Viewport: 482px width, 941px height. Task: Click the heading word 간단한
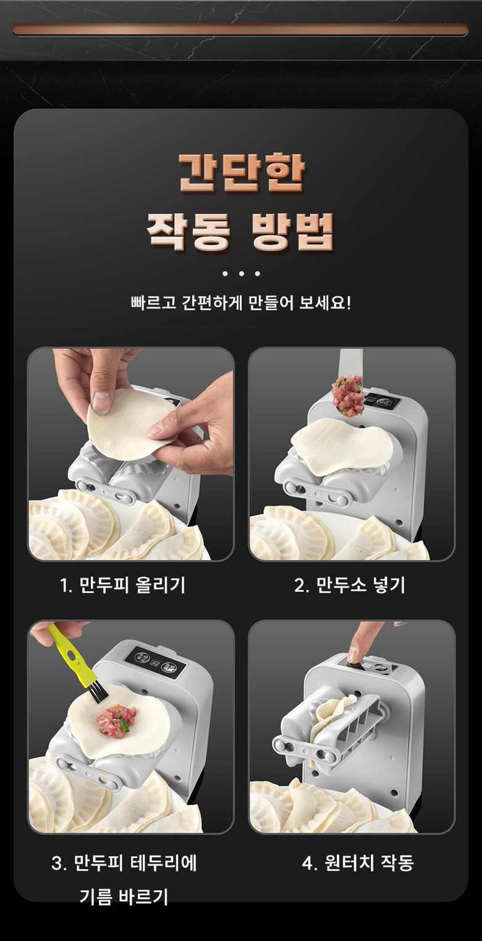[x=242, y=172]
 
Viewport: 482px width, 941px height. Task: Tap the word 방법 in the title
[x=292, y=232]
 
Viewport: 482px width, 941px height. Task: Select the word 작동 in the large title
[x=189, y=232]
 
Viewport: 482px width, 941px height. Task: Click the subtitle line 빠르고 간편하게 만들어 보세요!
[x=240, y=303]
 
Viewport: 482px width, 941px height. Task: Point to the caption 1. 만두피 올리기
[x=122, y=585]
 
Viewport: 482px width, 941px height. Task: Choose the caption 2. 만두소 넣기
[x=350, y=585]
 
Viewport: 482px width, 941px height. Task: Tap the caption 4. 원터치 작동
[x=358, y=863]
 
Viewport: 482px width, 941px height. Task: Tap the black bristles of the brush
[x=97, y=688]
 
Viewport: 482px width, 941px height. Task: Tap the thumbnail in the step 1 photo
[x=101, y=401]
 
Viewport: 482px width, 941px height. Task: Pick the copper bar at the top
[x=240, y=30]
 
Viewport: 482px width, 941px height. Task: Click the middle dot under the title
[x=241, y=274]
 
